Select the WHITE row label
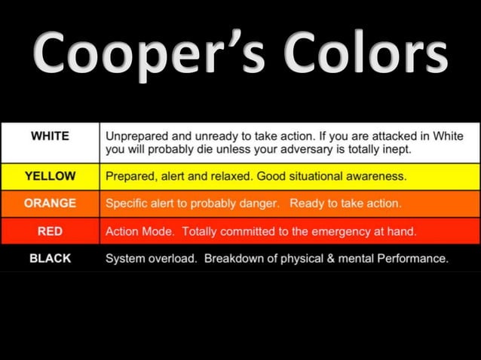click(x=50, y=136)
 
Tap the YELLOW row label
click(x=50, y=176)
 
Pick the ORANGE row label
click(x=50, y=203)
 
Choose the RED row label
click(x=50, y=230)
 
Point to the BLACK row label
click(x=50, y=258)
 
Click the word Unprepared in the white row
click(x=136, y=137)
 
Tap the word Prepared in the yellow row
click(x=129, y=177)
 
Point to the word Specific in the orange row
click(x=126, y=203)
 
